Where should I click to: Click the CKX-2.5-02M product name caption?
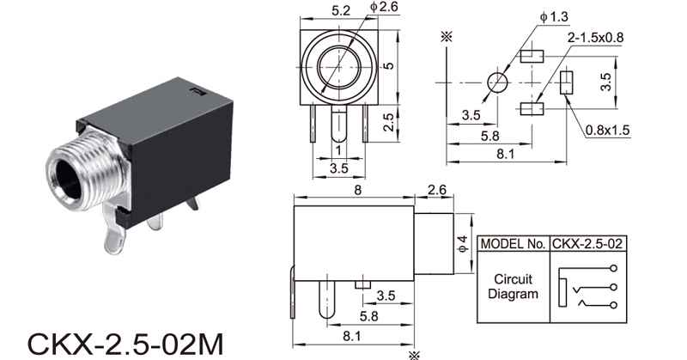125,345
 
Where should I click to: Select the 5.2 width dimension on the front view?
341,10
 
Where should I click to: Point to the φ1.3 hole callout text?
554,17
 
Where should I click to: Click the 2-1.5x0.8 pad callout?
595,38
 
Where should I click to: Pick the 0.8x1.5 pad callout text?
607,131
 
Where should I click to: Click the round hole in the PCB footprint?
498,82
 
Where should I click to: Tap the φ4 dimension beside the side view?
463,244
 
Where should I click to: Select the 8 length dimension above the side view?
358,190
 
